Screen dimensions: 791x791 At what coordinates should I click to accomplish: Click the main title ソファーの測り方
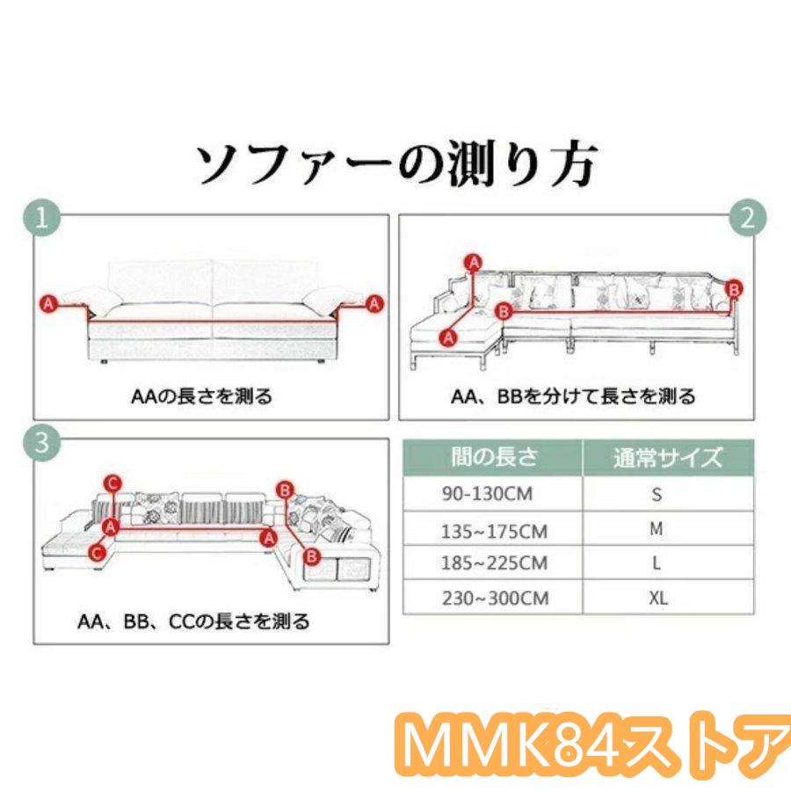(x=396, y=162)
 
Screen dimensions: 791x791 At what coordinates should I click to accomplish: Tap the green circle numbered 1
(x=42, y=219)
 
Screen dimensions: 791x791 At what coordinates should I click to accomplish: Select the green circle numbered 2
(x=748, y=218)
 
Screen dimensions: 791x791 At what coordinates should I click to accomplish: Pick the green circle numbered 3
(x=42, y=442)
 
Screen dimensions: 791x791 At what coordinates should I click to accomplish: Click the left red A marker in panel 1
(x=48, y=304)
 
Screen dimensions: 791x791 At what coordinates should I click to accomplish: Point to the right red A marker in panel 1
(x=374, y=304)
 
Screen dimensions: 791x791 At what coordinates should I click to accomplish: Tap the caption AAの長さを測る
(x=201, y=396)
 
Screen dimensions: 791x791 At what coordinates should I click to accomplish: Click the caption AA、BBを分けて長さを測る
(x=573, y=396)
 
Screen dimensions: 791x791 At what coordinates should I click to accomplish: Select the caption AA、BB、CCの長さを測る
(x=193, y=621)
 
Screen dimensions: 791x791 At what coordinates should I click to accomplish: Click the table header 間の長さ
(x=494, y=456)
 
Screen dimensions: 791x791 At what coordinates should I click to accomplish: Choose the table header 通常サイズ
(x=668, y=458)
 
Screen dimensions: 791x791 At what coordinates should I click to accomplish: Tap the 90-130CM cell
(x=487, y=494)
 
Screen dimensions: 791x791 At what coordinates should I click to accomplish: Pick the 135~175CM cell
(x=494, y=531)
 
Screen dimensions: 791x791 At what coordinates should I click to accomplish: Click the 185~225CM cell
(x=494, y=563)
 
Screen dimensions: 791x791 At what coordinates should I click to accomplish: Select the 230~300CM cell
(x=496, y=599)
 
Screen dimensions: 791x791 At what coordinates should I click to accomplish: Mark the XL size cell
(x=658, y=599)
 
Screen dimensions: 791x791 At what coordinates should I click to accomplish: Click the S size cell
(x=657, y=494)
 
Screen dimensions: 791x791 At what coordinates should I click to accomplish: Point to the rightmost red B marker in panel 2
(x=734, y=289)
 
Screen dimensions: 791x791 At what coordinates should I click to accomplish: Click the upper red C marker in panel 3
(x=112, y=483)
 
